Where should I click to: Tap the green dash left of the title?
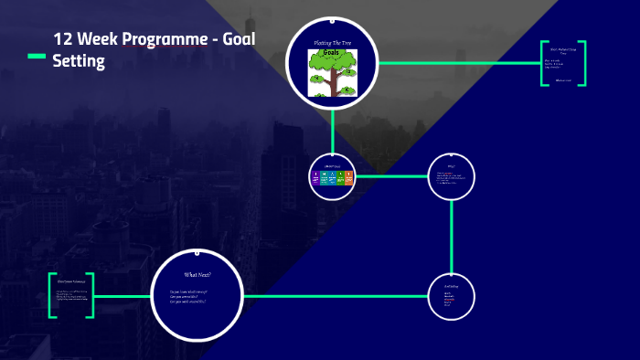[36, 57]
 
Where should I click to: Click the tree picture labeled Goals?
[332, 72]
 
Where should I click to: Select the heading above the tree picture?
[332, 43]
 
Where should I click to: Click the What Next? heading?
[197, 274]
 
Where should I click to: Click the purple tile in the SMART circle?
[315, 177]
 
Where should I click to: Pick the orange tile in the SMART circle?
[348, 177]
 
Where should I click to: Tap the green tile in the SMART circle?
[340, 177]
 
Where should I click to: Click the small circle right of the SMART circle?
[452, 175]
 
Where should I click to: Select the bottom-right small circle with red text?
[452, 297]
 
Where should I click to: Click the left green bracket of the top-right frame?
[542, 63]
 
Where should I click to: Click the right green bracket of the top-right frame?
[583, 63]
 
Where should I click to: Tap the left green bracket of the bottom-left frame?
[51, 295]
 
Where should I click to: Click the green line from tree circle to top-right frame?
[457, 63]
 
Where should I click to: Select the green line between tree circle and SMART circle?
[332, 132]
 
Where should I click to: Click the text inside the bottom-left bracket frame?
[72, 293]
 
